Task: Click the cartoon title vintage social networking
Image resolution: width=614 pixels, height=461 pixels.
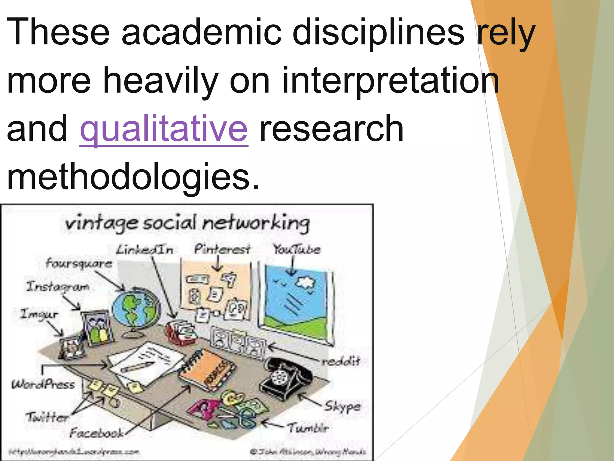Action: (187, 223)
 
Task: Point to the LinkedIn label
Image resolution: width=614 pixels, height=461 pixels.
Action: (145, 250)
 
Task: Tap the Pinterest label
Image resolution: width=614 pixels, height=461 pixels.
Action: (222, 249)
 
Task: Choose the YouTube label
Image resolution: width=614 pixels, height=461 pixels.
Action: (297, 249)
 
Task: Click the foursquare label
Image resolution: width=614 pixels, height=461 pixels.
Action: (79, 264)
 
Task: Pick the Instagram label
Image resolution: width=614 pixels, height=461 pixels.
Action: (58, 287)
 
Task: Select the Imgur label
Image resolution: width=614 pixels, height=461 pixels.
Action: (39, 315)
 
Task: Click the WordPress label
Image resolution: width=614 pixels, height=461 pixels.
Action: (43, 384)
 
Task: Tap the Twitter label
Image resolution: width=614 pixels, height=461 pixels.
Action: (47, 417)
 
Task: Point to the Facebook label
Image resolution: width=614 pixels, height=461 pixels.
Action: (97, 433)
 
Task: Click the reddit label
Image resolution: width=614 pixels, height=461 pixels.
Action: (341, 361)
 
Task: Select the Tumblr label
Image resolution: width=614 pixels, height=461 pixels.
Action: (308, 428)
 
